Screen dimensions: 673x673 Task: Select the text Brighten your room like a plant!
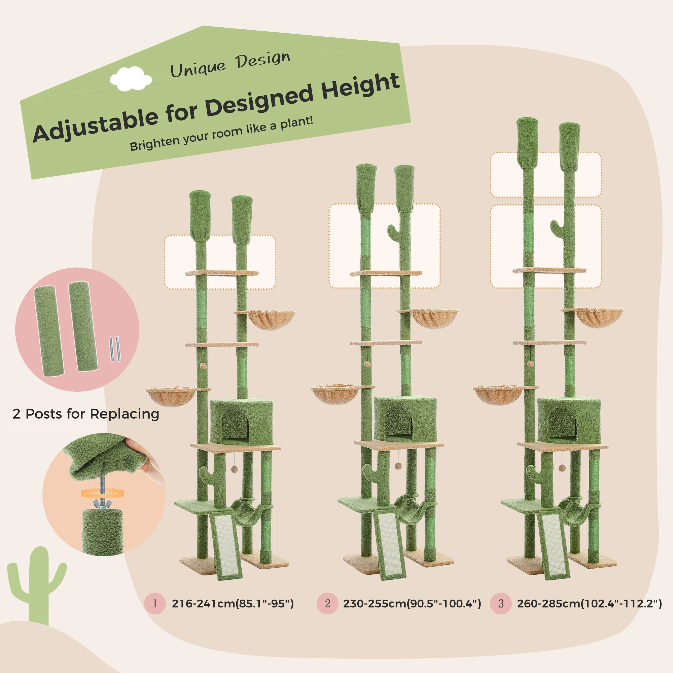coord(221,134)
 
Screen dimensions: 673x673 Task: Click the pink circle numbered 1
coord(155,603)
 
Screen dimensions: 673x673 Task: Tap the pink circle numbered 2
coord(327,603)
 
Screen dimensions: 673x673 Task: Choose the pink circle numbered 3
coord(501,603)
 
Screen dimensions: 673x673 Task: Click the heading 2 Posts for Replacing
coord(86,414)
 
